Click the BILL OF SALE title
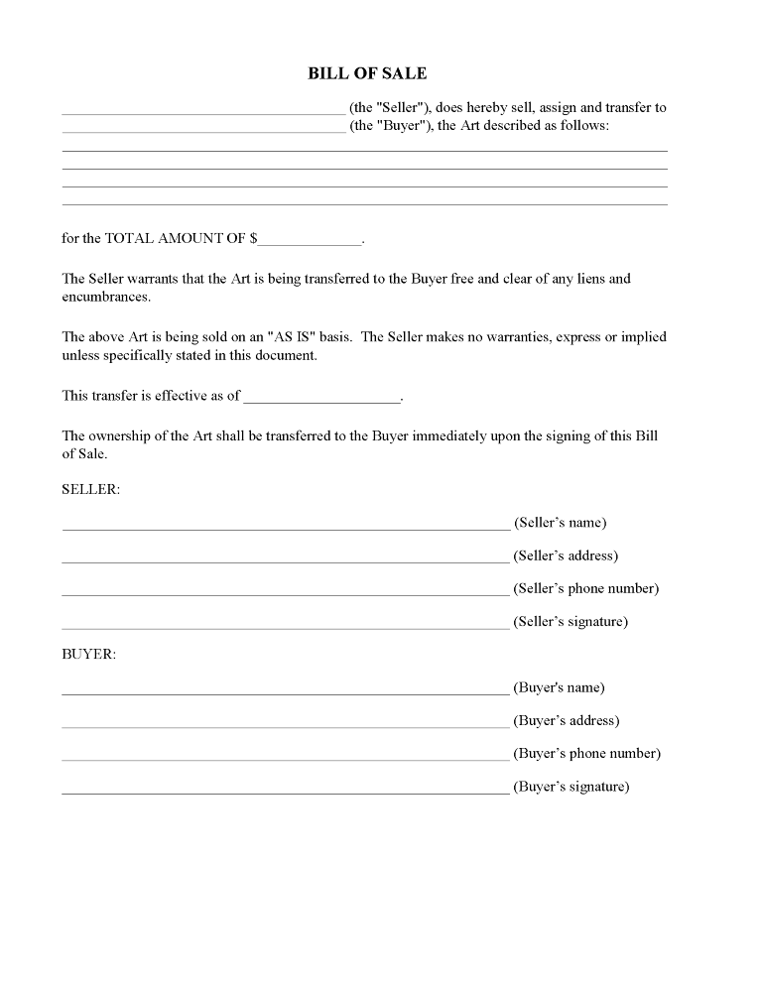click(367, 73)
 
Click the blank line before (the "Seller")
click(203, 112)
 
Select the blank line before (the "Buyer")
click(203, 130)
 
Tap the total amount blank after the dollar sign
click(312, 242)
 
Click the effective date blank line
click(321, 399)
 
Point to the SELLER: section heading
click(90, 489)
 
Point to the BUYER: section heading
click(89, 654)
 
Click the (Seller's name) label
click(560, 523)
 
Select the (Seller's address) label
click(566, 555)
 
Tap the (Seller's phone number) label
click(585, 588)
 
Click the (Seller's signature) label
click(571, 622)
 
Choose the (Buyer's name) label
click(559, 687)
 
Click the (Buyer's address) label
click(565, 720)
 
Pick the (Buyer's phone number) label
click(586, 753)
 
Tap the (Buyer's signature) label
click(571, 787)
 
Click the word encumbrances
click(106, 297)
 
